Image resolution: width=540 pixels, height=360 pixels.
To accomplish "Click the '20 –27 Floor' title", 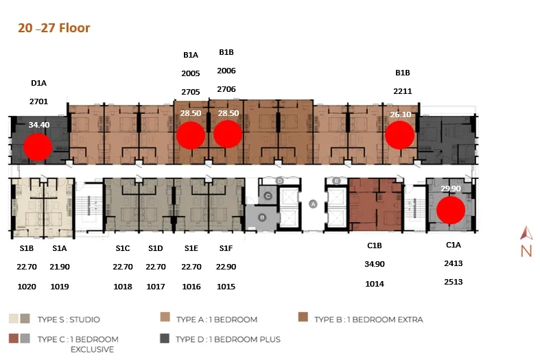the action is coord(54,28).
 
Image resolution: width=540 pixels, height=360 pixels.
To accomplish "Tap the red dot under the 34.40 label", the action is coord(38,147).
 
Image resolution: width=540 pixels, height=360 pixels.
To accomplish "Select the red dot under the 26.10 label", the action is coord(399,135).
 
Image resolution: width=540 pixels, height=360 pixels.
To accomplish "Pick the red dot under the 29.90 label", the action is coord(451,210).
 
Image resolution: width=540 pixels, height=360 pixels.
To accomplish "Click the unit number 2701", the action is coord(38,101).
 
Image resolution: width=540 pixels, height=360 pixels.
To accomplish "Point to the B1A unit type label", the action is coord(191,55).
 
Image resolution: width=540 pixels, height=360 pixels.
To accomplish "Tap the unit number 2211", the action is coord(403,91).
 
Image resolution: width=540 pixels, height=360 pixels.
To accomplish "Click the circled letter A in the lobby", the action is coord(313,204).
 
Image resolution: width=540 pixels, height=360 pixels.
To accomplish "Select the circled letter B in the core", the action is coord(262,217).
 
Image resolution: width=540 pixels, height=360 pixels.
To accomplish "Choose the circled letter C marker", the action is coord(268,196).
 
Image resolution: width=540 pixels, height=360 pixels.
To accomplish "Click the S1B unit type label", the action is coord(27,248).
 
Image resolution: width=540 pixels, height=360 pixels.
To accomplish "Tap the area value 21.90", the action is coord(60,267).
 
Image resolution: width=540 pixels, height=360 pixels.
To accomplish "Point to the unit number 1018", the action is coord(123,287).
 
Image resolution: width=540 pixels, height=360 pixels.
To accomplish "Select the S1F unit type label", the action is coord(226,248).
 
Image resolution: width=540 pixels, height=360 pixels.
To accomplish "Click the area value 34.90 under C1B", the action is coord(375,264).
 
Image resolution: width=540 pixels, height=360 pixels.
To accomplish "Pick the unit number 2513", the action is coord(454,282).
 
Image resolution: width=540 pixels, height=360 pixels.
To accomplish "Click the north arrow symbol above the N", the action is coord(526,232).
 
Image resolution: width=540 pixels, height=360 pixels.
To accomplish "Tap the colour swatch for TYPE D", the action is coord(165,338).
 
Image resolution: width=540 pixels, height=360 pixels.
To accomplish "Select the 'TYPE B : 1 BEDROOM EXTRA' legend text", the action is coord(368,320).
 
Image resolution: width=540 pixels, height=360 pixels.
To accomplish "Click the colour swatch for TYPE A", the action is coord(165,317).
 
